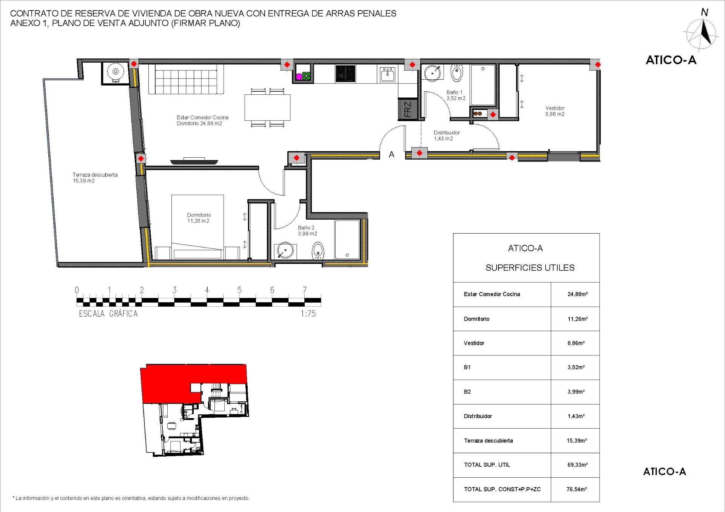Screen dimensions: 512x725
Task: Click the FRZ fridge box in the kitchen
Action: click(408, 109)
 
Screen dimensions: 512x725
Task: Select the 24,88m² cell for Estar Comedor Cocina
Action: click(577, 294)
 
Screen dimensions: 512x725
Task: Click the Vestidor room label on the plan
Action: click(555, 111)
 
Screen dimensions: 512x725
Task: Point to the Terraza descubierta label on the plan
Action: click(95, 178)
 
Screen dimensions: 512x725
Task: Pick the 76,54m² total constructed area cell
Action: click(577, 489)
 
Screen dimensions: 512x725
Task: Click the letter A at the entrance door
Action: click(392, 154)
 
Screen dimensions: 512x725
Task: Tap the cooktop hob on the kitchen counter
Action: click(345, 74)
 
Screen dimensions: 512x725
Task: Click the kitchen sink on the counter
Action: click(387, 74)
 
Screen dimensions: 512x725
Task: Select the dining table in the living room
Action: click(267, 108)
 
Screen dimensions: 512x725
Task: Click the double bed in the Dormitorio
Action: click(197, 226)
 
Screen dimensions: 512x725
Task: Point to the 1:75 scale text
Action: click(308, 314)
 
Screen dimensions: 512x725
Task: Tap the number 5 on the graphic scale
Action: click(239, 290)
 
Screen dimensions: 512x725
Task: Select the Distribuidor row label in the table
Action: click(478, 416)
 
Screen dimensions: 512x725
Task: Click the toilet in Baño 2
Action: click(318, 250)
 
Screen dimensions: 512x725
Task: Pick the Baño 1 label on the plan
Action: click(455, 95)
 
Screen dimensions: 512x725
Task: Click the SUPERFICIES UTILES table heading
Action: click(530, 268)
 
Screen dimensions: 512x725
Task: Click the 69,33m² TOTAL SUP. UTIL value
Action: click(577, 465)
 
